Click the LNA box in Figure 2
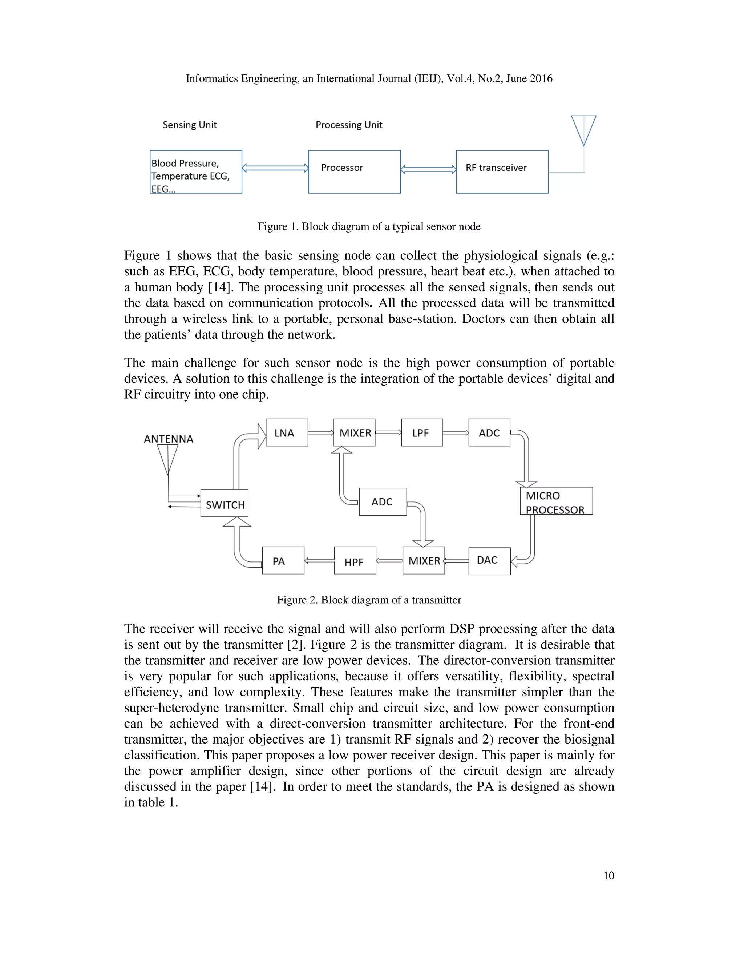(x=287, y=432)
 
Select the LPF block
(x=422, y=432)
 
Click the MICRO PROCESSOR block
(x=556, y=501)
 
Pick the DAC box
(x=489, y=561)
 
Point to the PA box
(x=283, y=560)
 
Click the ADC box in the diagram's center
(x=383, y=502)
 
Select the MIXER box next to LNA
(x=354, y=432)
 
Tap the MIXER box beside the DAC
(x=424, y=560)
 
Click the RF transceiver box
(x=502, y=172)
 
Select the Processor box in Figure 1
(x=354, y=172)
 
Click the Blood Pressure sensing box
(x=196, y=172)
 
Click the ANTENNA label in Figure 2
(x=168, y=439)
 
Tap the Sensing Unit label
(x=190, y=125)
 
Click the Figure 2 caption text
(x=369, y=600)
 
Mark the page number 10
(x=609, y=876)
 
